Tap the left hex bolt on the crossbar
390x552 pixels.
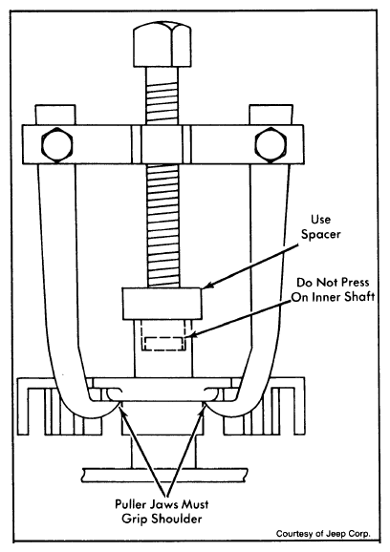(57, 145)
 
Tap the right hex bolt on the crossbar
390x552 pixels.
(271, 145)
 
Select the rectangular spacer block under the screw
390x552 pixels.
(162, 304)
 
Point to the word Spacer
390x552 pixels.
(320, 235)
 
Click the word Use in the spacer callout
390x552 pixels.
(320, 220)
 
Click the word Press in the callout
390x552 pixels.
(354, 283)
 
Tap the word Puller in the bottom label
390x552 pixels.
(131, 504)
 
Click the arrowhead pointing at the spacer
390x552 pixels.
(208, 286)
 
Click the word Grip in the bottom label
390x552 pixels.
(137, 519)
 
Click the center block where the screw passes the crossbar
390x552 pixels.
(162, 144)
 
